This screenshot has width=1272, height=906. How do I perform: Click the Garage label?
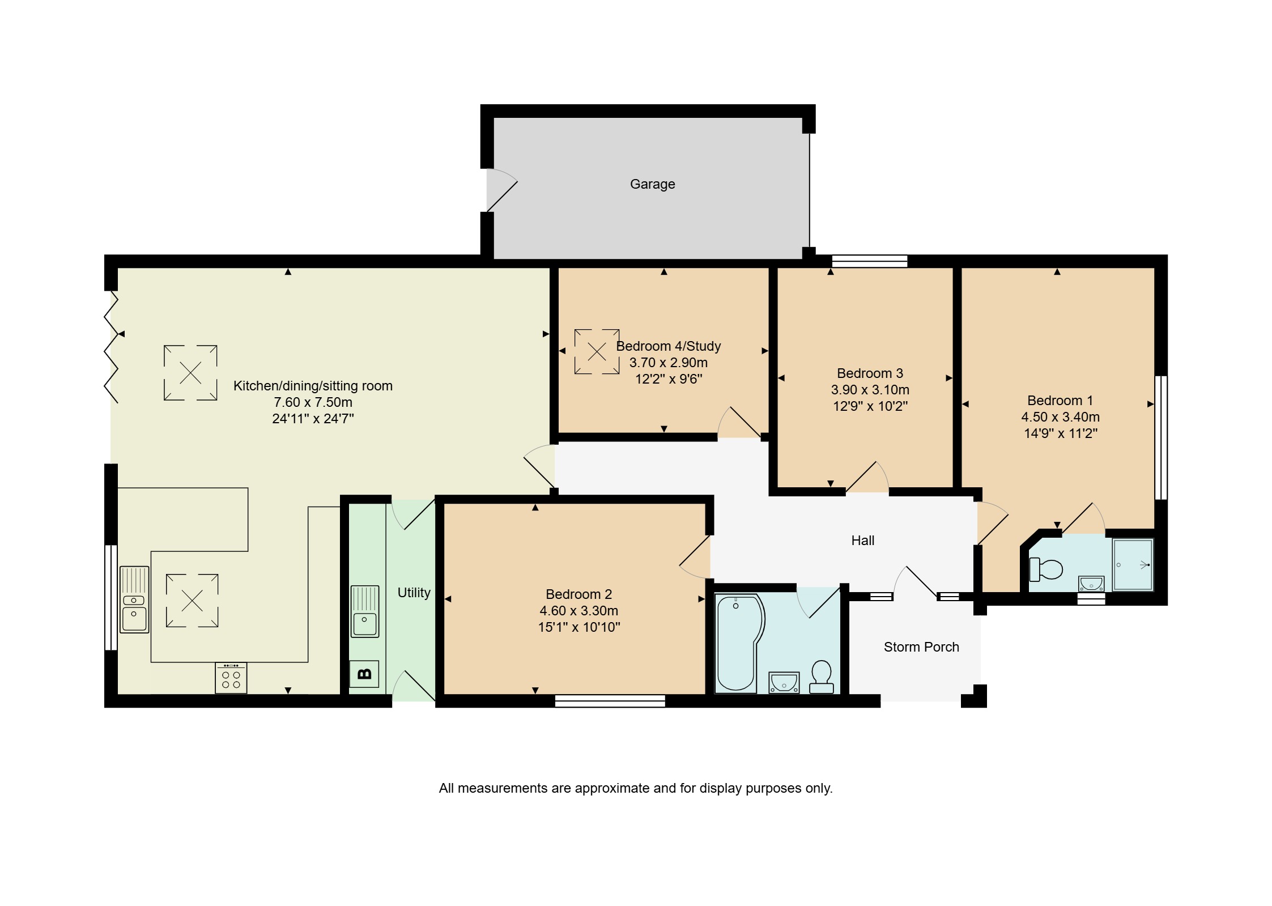(x=652, y=184)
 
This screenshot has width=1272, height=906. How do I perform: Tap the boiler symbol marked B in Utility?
(x=364, y=674)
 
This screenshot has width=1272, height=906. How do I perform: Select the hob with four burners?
(x=231, y=678)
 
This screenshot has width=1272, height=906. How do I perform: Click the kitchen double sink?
(x=134, y=599)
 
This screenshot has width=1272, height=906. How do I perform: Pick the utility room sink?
(x=364, y=611)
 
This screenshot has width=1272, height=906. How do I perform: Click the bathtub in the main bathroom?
(x=739, y=643)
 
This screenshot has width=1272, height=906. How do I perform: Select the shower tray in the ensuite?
(x=1133, y=564)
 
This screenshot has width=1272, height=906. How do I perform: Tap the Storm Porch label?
(x=921, y=647)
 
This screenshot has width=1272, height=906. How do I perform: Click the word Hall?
(x=863, y=541)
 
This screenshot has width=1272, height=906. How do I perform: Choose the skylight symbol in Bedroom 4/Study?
(x=597, y=352)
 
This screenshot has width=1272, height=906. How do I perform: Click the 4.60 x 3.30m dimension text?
(x=578, y=611)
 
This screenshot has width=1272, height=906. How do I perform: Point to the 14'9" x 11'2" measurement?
(x=1061, y=433)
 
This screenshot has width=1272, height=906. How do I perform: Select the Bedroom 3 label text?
(x=870, y=373)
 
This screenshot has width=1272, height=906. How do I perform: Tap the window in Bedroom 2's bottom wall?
(x=610, y=701)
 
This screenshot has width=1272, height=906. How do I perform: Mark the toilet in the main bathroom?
(x=822, y=677)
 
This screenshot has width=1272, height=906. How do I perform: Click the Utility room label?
(x=414, y=593)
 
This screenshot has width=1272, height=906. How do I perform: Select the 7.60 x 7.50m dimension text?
(x=313, y=402)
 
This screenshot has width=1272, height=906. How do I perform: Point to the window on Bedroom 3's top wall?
(x=870, y=261)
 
